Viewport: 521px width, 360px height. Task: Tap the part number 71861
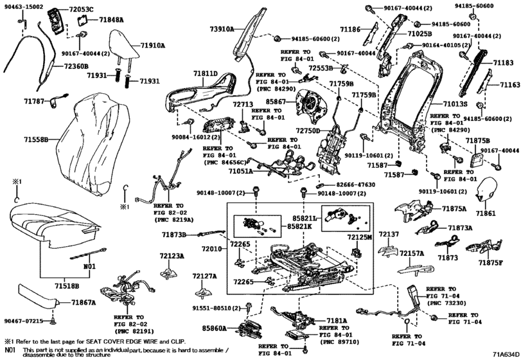[x=486, y=212]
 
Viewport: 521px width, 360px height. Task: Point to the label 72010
[x=212, y=248]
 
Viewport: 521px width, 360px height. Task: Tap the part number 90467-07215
[x=23, y=320]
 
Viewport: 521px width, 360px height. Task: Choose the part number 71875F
[x=491, y=262]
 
